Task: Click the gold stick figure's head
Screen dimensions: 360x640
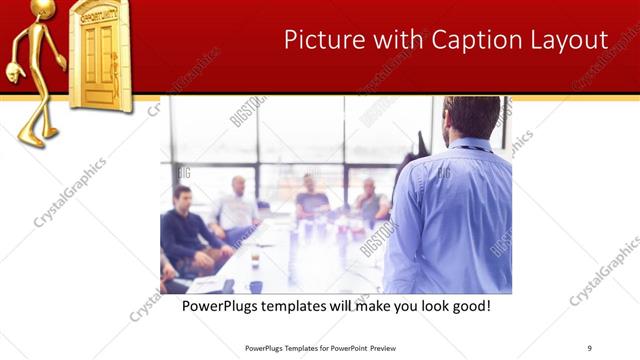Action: point(43,9)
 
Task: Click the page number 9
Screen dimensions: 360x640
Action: point(589,348)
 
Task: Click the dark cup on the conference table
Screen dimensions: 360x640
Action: point(256,260)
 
